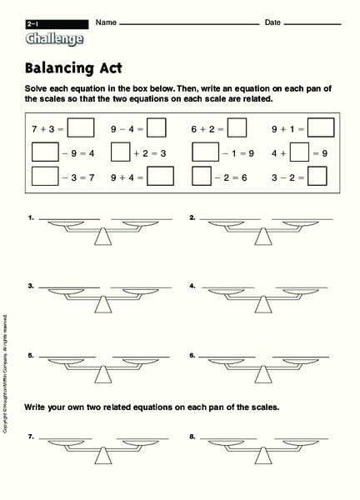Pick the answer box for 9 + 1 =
click(321, 128)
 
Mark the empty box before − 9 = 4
click(44, 152)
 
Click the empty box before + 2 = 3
click(120, 152)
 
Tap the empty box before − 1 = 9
click(204, 152)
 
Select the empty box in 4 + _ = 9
click(300, 152)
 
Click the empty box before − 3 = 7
click(44, 177)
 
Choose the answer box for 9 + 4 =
click(160, 177)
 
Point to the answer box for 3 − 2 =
click(317, 177)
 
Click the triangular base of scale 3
click(103, 305)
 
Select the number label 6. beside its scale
click(192, 355)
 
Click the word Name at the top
click(103, 22)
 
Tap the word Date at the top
click(272, 22)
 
